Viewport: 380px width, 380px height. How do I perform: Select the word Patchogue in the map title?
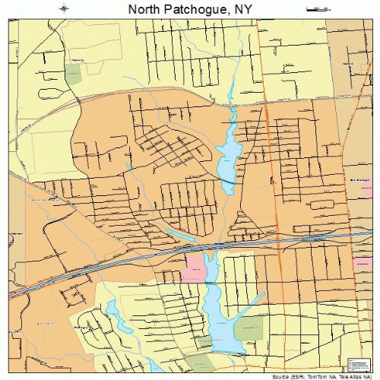192,9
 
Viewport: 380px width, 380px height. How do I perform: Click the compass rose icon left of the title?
65,8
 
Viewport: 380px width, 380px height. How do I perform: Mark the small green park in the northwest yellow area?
73,74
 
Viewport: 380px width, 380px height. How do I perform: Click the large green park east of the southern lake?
248,328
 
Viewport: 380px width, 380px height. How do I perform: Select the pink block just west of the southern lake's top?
195,266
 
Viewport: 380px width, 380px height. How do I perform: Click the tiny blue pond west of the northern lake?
130,166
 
